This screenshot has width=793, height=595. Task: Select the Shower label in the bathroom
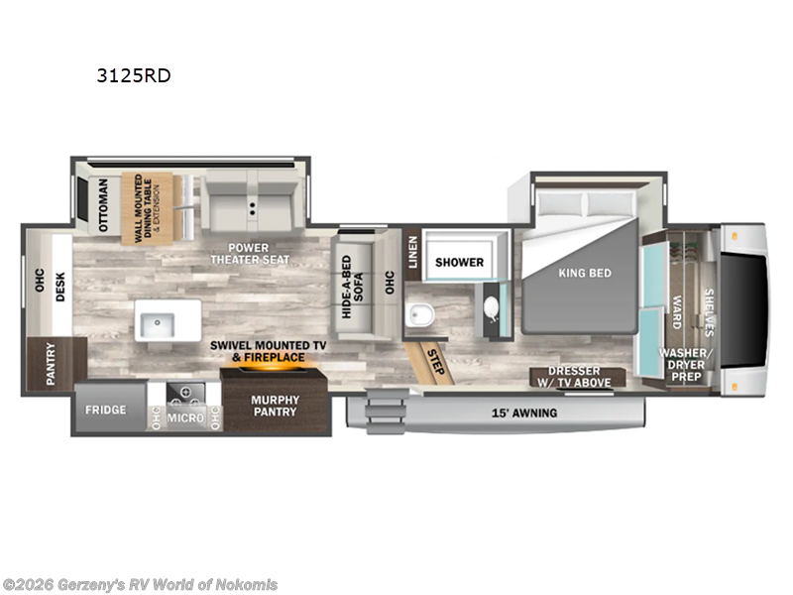tap(459, 262)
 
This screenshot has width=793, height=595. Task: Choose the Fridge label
tap(104, 410)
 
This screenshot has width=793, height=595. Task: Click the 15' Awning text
tap(524, 413)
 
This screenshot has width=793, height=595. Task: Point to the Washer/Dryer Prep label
tap(686, 364)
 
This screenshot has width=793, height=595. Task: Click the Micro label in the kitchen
tap(185, 419)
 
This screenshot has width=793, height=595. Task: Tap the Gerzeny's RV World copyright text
tap(141, 585)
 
